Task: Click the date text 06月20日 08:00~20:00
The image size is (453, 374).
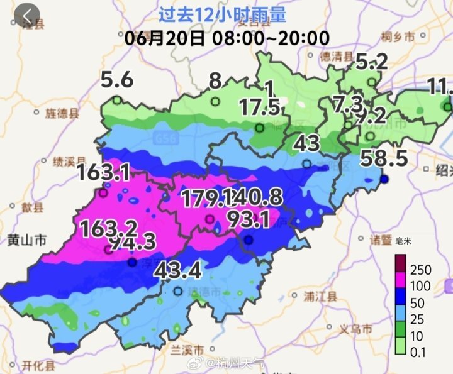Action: coord(226,37)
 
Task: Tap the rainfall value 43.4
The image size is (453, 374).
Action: coord(177,271)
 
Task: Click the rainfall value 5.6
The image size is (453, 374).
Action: coord(117,80)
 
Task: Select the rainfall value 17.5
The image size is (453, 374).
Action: coord(259,107)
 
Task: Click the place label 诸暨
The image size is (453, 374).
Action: coord(381,239)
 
